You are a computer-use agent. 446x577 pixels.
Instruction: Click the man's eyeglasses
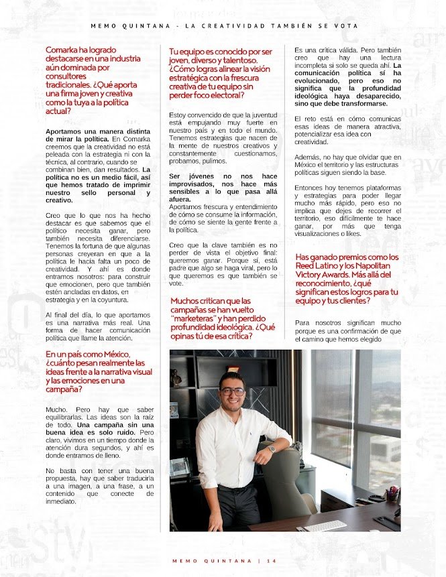(x=231, y=391)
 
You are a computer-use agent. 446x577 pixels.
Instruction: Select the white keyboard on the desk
(x=325, y=525)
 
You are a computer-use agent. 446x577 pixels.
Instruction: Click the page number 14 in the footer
(x=271, y=560)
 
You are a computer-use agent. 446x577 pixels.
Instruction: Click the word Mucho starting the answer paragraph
(x=56, y=408)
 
